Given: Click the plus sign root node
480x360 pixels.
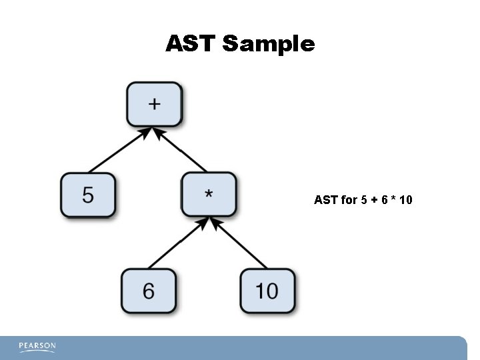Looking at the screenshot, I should pyautogui.click(x=154, y=103).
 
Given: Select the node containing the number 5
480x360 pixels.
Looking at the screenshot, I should pyautogui.click(x=88, y=195).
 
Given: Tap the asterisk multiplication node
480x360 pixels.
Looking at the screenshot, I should pyautogui.click(x=209, y=195).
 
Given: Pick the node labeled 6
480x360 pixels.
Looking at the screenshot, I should pyautogui.click(x=148, y=291).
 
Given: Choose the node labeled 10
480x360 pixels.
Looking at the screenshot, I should pyautogui.click(x=267, y=291).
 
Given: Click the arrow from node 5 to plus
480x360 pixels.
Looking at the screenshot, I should pyautogui.click(x=116, y=151).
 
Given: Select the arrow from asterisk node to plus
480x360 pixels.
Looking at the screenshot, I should pyautogui.click(x=181, y=151).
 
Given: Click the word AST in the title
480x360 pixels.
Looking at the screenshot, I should pyautogui.click(x=191, y=44).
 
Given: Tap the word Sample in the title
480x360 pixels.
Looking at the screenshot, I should pyautogui.click(x=269, y=44).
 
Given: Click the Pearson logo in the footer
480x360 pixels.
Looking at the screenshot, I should pyautogui.click(x=37, y=347).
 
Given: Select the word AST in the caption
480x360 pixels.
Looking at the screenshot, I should pyautogui.click(x=326, y=199).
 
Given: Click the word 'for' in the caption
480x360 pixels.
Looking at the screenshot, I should pyautogui.click(x=349, y=199).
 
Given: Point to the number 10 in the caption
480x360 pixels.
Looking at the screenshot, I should pyautogui.click(x=405, y=199).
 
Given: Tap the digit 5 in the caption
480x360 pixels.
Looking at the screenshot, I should pyautogui.click(x=363, y=199).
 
